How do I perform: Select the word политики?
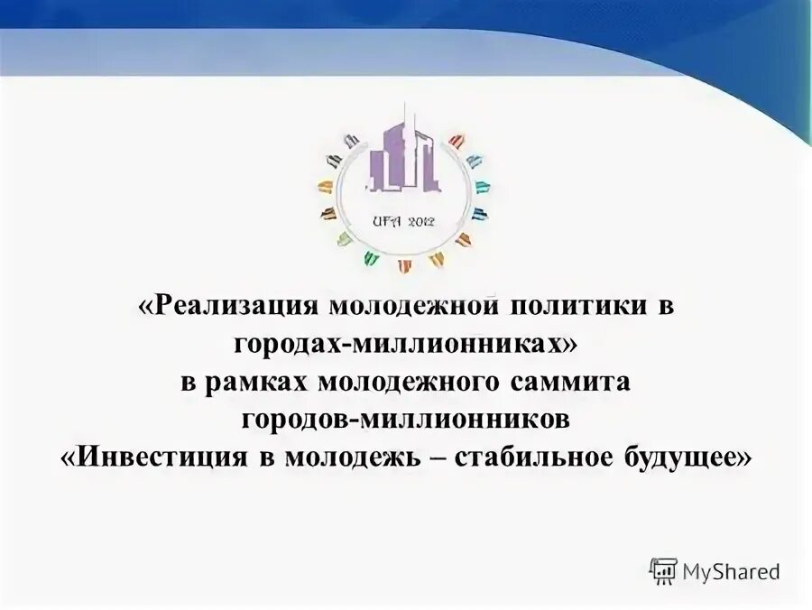(576, 306)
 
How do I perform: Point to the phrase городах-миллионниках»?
(405, 344)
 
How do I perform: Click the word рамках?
(262, 382)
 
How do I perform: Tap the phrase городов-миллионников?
(405, 420)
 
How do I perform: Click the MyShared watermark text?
(731, 570)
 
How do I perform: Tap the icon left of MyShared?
(664, 570)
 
